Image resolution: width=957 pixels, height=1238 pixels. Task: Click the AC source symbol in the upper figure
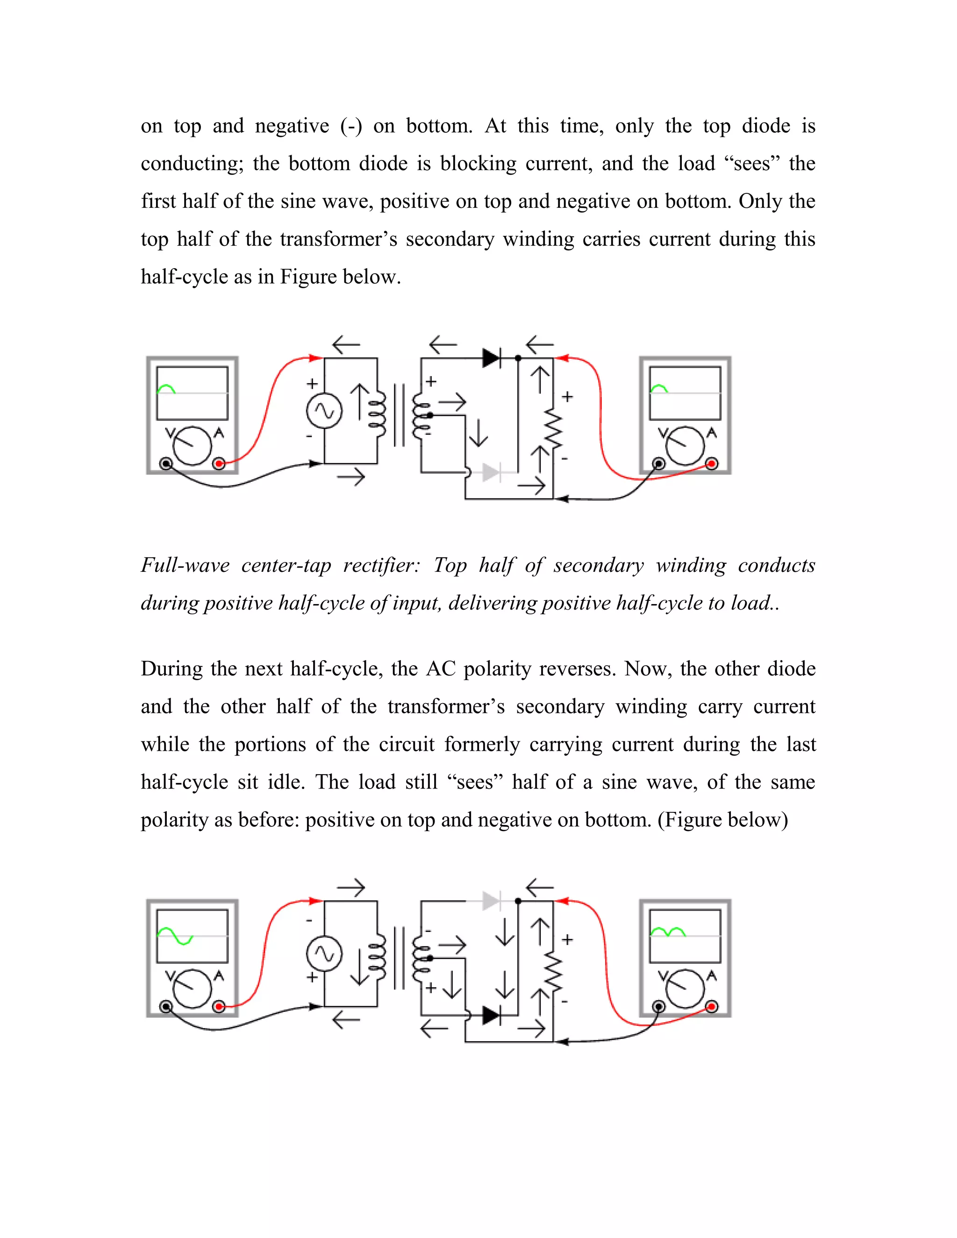pyautogui.click(x=324, y=411)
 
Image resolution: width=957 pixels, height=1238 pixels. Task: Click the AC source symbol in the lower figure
pyautogui.click(x=324, y=954)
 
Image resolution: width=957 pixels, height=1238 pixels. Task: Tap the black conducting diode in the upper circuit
pyautogui.click(x=491, y=358)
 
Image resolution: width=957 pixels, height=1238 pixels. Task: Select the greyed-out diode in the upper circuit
pyautogui.click(x=491, y=472)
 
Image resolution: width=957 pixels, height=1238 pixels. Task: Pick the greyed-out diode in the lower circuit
pyautogui.click(x=491, y=901)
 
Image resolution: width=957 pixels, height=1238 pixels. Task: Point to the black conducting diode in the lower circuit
pyautogui.click(x=491, y=1015)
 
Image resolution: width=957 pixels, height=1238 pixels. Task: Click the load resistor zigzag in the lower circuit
pyautogui.click(x=553, y=972)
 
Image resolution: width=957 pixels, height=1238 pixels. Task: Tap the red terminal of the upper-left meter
pyautogui.click(x=219, y=464)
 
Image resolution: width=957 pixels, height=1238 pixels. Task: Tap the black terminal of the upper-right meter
pyautogui.click(x=659, y=464)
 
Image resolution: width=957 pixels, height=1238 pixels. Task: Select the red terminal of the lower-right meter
pyautogui.click(x=712, y=1007)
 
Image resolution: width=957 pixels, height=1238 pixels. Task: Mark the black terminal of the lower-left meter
pyautogui.click(x=165, y=1007)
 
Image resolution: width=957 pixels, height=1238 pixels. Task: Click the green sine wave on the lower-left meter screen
pyautogui.click(x=175, y=936)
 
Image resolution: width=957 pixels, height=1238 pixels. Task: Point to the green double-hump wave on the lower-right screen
pyautogui.click(x=668, y=932)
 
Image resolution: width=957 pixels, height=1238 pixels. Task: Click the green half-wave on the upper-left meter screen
pyautogui.click(x=166, y=389)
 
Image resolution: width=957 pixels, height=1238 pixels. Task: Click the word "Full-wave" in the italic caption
pyautogui.click(x=185, y=566)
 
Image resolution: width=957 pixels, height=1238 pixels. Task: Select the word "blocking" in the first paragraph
pyautogui.click(x=478, y=164)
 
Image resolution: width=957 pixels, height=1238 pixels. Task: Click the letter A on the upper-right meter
pyautogui.click(x=712, y=434)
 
